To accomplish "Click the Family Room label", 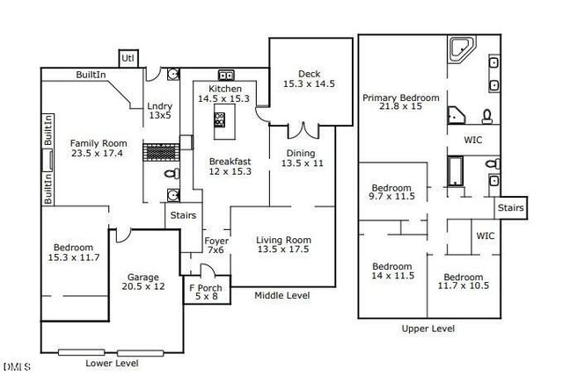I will (99, 148).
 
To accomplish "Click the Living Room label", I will (283, 245).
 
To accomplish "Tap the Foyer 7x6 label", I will (216, 245).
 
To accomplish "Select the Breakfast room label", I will (230, 166).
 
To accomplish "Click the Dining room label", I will (303, 157).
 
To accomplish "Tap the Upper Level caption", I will (428, 329).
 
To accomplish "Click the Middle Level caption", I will (281, 296).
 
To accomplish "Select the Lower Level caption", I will (112, 362).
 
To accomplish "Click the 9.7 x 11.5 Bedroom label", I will (391, 192).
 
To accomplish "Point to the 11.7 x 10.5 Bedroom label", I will (464, 281).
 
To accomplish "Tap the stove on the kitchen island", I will (219, 120).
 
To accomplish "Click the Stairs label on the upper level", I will (511, 208).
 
